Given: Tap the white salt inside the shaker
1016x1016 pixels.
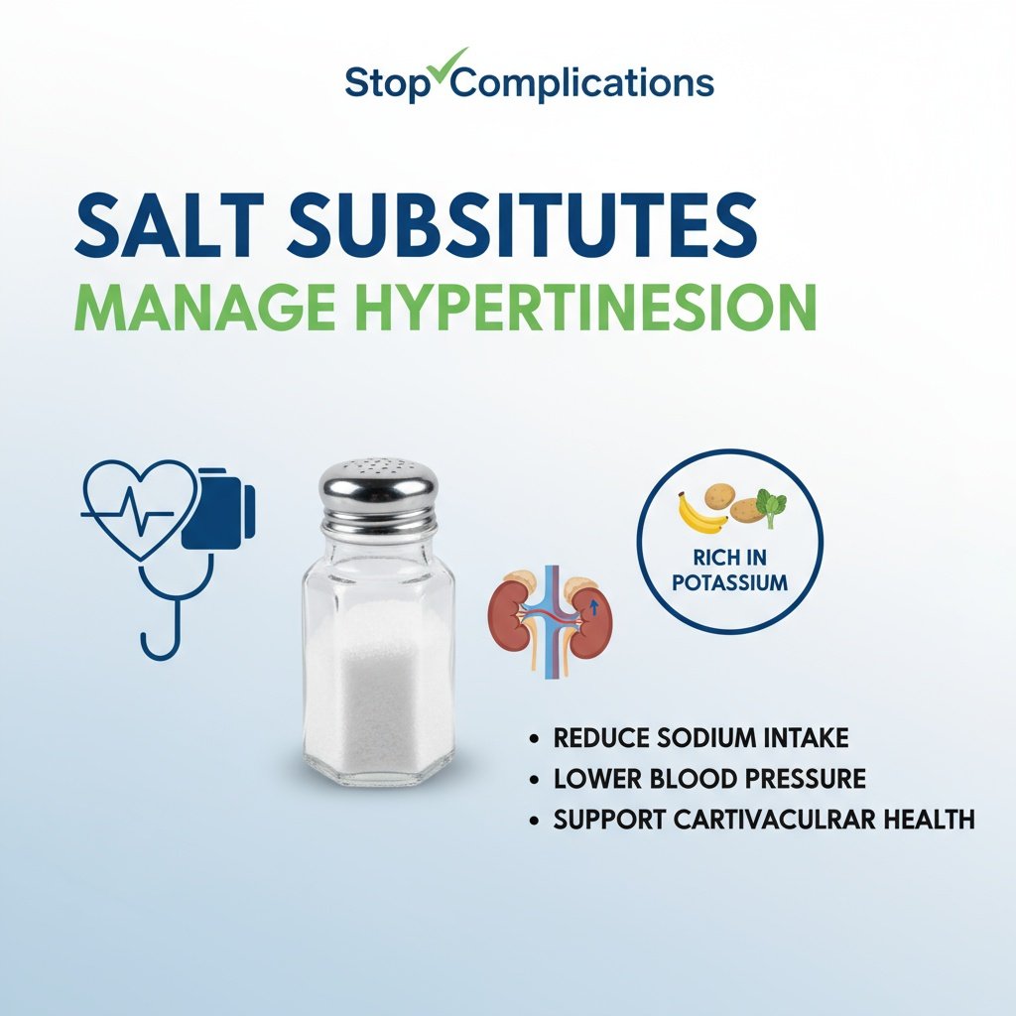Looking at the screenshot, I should click(x=377, y=695).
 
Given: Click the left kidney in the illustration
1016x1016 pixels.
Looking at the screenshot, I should click(x=511, y=610).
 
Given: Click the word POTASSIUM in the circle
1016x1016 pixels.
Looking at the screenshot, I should click(x=729, y=582).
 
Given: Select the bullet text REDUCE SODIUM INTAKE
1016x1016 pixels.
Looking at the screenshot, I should click(x=700, y=738).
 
